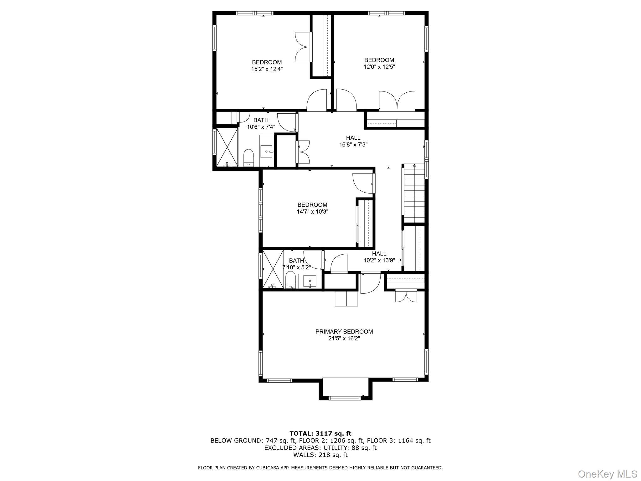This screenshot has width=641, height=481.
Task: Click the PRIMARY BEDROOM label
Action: click(x=344, y=332)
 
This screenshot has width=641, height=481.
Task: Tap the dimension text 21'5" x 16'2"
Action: click(x=344, y=339)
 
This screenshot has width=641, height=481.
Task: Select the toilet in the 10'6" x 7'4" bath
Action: click(x=249, y=158)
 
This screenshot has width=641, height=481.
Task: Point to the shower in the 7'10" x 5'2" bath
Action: click(x=273, y=269)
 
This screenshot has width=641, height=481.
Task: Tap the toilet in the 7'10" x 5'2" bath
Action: click(x=290, y=280)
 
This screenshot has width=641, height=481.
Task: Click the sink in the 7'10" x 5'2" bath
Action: click(x=310, y=281)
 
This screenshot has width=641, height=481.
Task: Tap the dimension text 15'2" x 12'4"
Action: click(x=267, y=69)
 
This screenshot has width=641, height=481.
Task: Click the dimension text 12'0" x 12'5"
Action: click(x=379, y=67)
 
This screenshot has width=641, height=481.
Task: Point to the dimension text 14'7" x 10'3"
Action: click(x=312, y=212)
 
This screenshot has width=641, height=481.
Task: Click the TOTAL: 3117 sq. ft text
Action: click(x=320, y=434)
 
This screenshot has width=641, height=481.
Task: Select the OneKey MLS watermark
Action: click(x=607, y=474)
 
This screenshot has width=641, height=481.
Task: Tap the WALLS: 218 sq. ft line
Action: click(x=320, y=455)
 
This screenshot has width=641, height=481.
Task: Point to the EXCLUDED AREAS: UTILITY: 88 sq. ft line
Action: click(x=320, y=448)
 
